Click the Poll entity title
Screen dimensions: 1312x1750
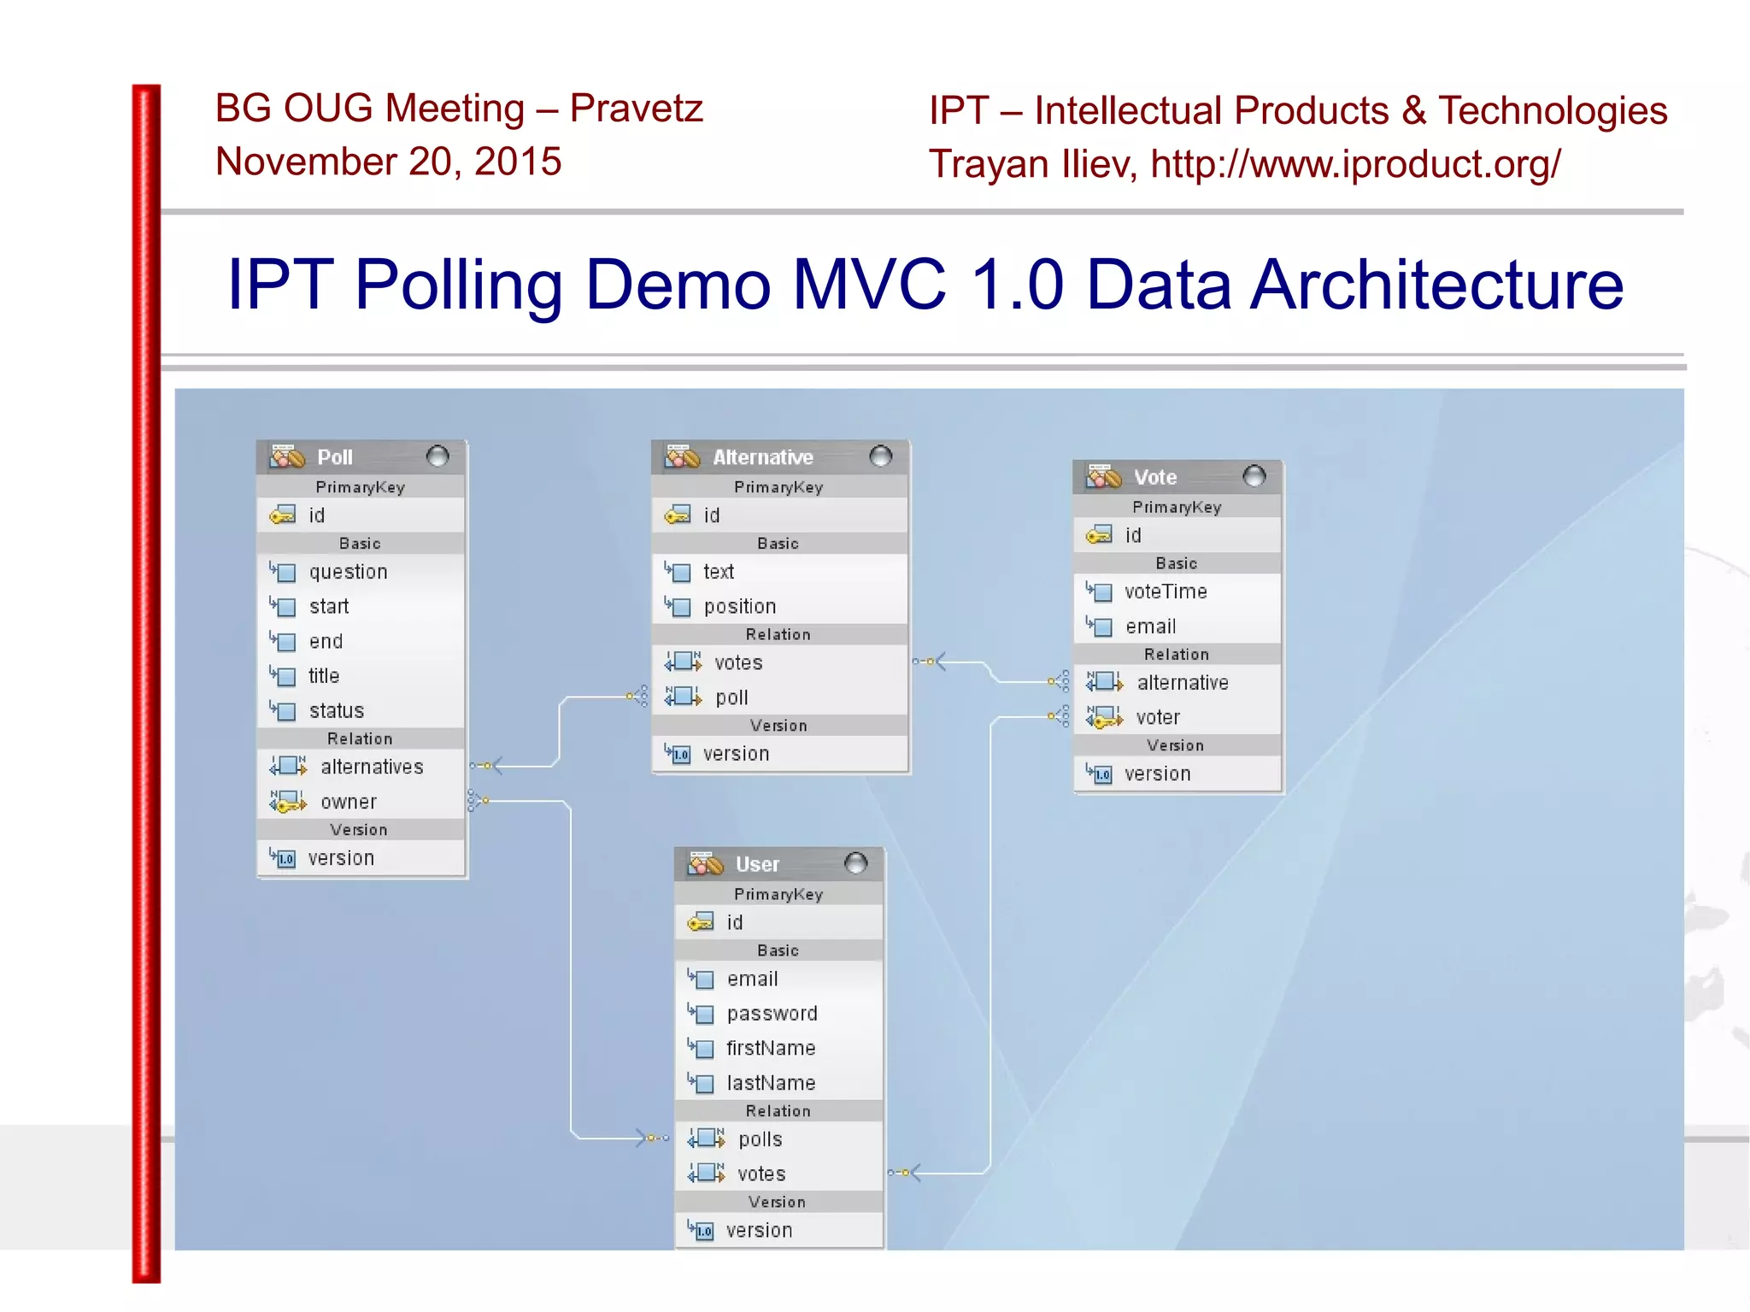tap(334, 457)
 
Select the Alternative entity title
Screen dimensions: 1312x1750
tap(762, 457)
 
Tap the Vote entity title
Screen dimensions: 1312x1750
tap(1154, 477)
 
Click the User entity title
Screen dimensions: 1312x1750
tap(757, 864)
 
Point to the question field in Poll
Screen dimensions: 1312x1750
tap(348, 572)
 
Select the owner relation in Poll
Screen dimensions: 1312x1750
tap(348, 802)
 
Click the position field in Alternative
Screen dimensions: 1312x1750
tap(739, 606)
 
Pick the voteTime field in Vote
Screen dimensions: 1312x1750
tap(1165, 591)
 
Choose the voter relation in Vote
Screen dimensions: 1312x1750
tap(1157, 717)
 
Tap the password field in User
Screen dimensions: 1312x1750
tap(772, 1013)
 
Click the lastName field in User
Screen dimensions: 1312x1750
tap(771, 1083)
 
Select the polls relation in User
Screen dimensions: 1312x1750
tap(760, 1139)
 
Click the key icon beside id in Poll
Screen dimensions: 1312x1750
tap(282, 515)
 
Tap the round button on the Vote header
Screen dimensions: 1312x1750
tap(1254, 476)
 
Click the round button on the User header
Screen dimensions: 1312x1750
tap(855, 863)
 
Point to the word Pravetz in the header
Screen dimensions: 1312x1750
tap(636, 109)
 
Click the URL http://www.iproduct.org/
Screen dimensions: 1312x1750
tap(1355, 164)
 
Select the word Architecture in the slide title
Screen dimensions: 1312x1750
tap(1436, 285)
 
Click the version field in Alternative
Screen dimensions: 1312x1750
tap(735, 754)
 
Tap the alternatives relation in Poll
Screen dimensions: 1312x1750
tap(371, 767)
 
